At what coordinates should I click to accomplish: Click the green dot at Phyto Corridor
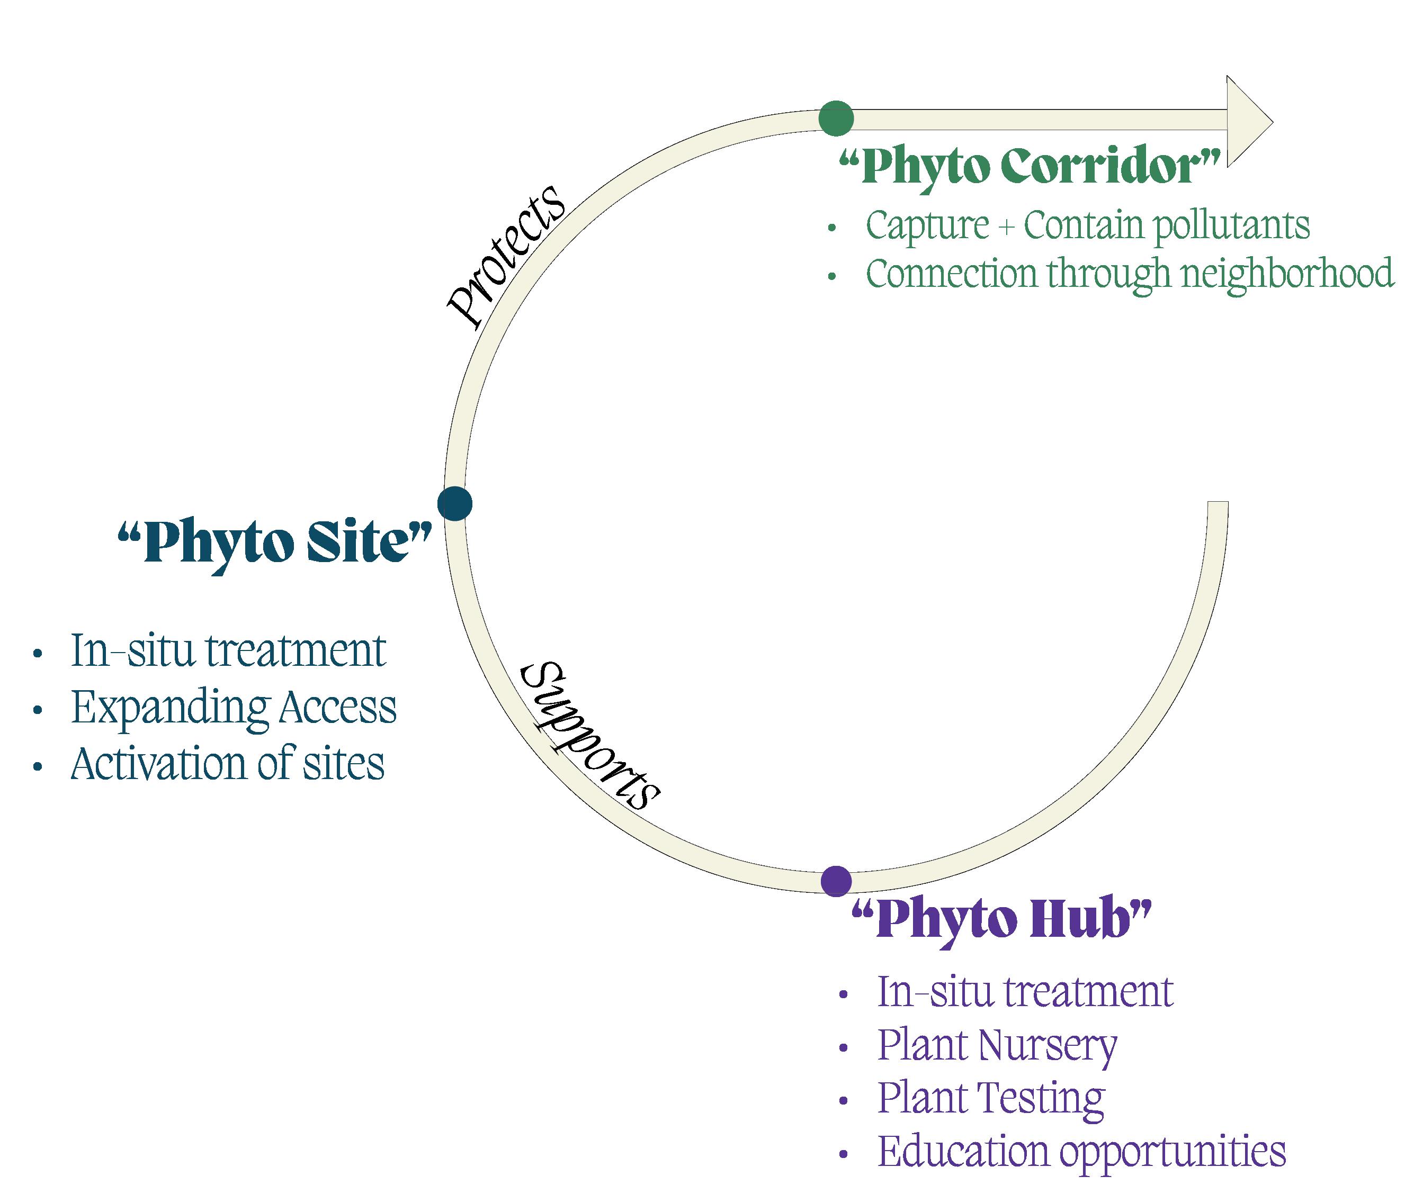click(836, 118)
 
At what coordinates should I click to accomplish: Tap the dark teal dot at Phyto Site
click(455, 503)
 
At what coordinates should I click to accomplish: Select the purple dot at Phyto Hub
click(836, 881)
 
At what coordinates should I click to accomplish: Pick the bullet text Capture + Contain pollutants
click(1088, 225)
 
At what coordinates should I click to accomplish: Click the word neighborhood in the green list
click(1287, 274)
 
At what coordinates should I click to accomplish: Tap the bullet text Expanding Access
click(234, 707)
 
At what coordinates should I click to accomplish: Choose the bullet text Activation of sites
click(228, 764)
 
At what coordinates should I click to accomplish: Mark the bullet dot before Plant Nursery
click(843, 1048)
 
